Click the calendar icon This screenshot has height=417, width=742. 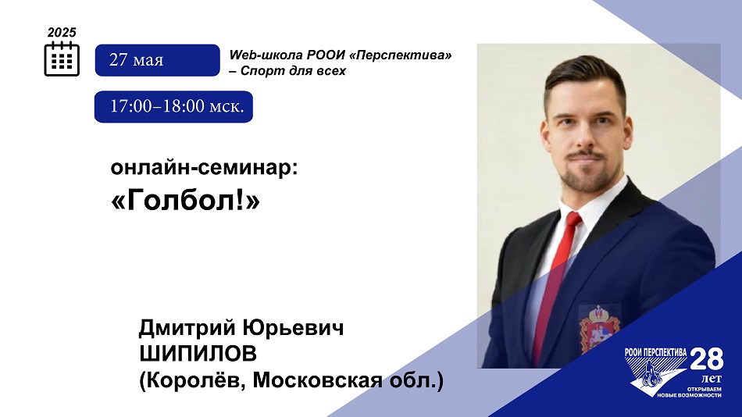(62, 59)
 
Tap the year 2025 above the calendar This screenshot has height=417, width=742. (62, 32)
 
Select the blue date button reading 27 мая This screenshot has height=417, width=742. (157, 60)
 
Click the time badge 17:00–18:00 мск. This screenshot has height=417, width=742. (173, 106)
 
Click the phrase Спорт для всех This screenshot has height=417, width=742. (293, 71)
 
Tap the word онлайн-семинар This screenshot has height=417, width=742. (204, 168)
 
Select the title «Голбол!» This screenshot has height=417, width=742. (186, 200)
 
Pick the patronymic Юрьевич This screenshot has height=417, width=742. (293, 327)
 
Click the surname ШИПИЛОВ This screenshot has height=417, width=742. (198, 354)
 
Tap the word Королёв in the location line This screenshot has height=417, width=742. (193, 380)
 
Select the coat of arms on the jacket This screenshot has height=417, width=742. (598, 327)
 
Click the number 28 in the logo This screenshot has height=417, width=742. (706, 359)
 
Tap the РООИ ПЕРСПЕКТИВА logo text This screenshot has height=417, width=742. (655, 352)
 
